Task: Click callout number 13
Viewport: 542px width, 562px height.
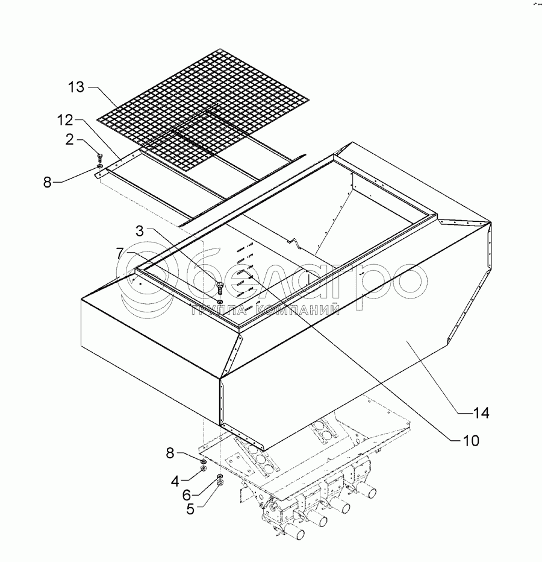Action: point(77,88)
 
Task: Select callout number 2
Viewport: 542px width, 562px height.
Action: point(70,140)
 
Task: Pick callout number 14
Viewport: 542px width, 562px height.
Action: point(481,413)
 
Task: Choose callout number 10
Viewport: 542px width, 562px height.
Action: point(472,441)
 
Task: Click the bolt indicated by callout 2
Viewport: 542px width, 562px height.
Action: point(99,159)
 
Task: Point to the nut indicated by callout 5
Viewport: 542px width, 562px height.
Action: point(221,482)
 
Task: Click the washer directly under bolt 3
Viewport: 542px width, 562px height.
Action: point(220,300)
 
